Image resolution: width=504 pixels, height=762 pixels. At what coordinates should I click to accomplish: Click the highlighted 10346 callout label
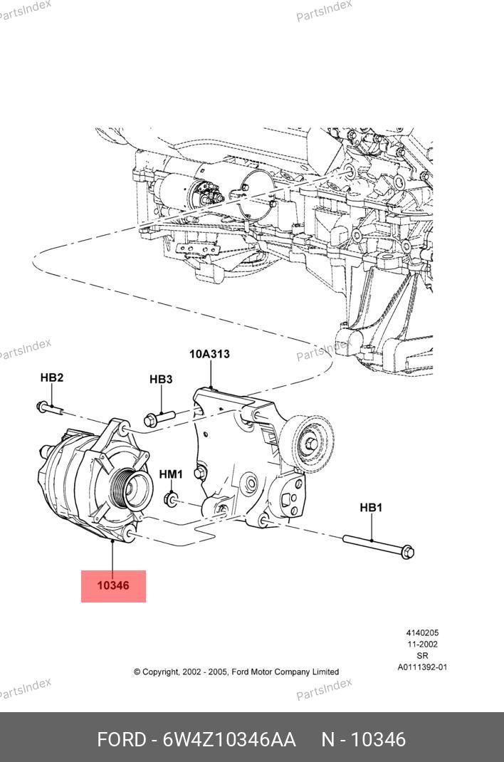(x=113, y=585)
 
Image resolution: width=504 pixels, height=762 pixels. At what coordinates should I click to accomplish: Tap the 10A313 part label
(x=209, y=354)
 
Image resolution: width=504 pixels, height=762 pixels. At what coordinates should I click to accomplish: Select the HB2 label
(x=52, y=377)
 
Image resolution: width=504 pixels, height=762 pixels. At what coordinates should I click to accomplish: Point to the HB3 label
(x=161, y=379)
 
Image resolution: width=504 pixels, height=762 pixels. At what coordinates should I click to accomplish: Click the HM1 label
(x=171, y=474)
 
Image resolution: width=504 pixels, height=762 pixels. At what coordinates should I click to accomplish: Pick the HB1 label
(x=371, y=508)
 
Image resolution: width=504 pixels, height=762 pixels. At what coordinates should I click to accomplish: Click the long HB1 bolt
(x=379, y=546)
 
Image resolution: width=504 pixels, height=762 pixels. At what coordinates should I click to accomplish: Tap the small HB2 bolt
(x=50, y=408)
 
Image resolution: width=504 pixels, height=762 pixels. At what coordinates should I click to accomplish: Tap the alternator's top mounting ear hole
(x=124, y=429)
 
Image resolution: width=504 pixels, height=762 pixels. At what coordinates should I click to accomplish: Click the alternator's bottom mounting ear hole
(x=130, y=536)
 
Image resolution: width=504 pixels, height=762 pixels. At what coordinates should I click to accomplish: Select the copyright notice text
(x=236, y=672)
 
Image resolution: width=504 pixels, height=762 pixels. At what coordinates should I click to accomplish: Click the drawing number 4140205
(x=422, y=632)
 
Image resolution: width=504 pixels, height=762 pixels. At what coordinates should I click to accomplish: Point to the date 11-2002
(x=422, y=644)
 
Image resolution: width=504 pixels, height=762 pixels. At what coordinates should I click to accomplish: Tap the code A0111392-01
(x=422, y=667)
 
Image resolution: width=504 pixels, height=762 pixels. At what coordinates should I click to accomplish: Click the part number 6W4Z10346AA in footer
(x=229, y=740)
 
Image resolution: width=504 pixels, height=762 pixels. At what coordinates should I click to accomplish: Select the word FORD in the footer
(x=122, y=740)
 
